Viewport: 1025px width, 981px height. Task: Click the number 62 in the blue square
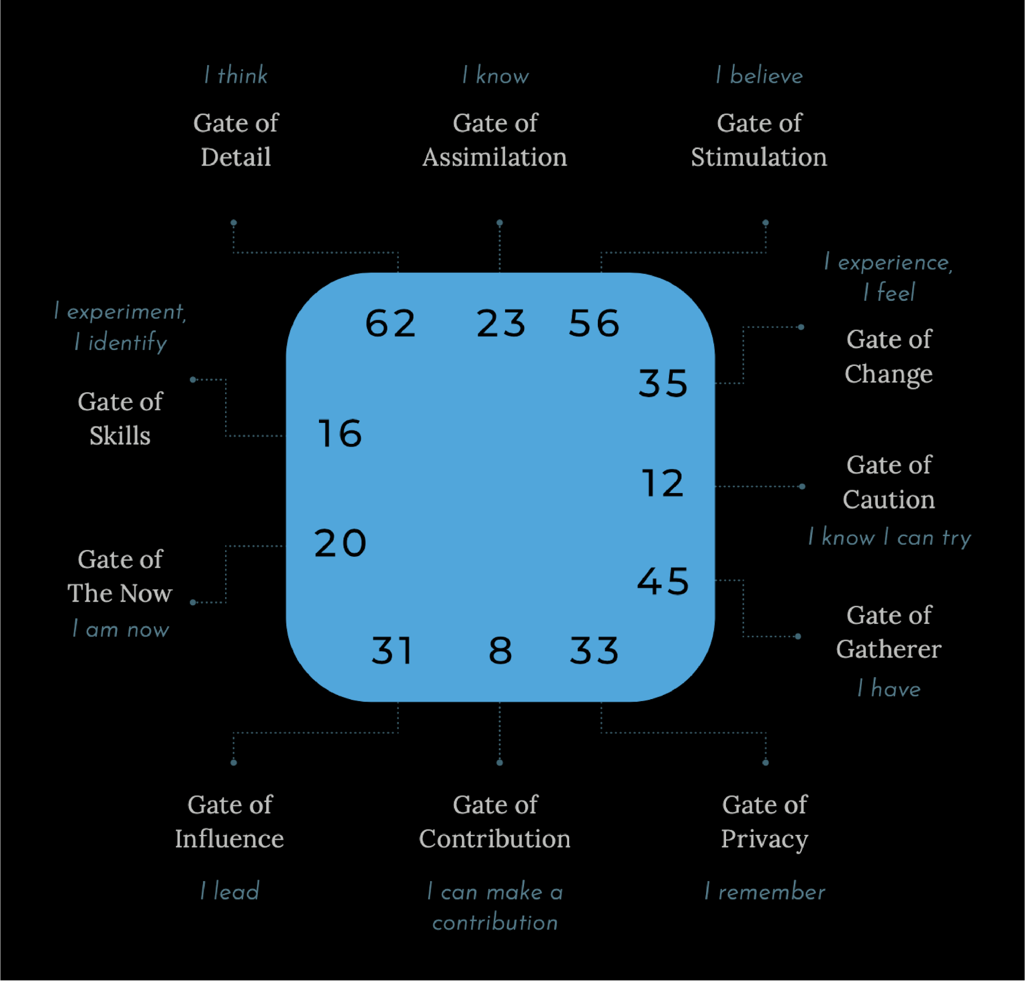coord(390,323)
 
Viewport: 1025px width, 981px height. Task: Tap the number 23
coord(500,323)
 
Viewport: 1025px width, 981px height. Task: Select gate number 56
coord(594,323)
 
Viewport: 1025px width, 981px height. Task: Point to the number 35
coord(662,383)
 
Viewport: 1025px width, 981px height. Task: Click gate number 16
coord(340,433)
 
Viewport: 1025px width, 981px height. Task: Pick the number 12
coord(662,483)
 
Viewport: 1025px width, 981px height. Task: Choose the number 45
coord(662,581)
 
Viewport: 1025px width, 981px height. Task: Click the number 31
coord(392,651)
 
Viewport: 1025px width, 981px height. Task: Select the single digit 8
coord(500,651)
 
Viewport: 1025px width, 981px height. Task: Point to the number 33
coord(594,651)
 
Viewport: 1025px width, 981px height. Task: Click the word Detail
coord(236,157)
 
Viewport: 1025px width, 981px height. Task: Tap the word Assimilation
coord(495,157)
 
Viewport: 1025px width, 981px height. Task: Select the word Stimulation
coord(759,157)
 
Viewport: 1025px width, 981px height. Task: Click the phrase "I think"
coord(236,76)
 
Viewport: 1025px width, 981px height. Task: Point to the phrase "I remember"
coord(765,892)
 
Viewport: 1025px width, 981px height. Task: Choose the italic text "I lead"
coord(230,891)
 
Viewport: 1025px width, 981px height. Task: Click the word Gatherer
coord(889,649)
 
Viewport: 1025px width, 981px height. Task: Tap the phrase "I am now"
coord(121,629)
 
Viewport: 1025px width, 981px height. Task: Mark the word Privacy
coord(765,840)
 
